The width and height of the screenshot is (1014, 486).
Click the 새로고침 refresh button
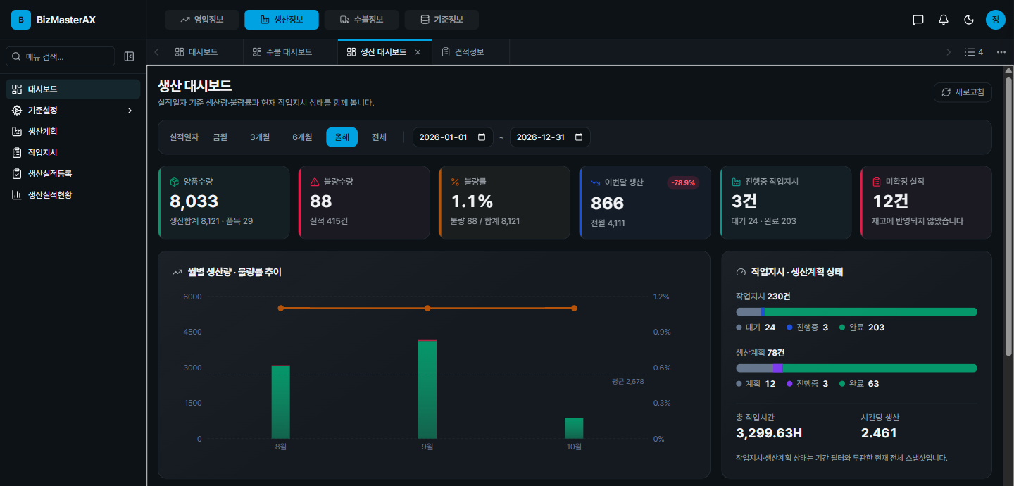pos(963,92)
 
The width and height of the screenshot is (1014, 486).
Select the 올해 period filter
pos(342,137)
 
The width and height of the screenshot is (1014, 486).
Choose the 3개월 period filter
pos(260,137)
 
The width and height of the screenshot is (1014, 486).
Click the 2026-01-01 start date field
pos(452,137)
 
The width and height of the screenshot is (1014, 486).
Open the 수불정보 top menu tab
pos(362,20)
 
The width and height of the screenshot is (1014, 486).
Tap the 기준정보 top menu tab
pos(442,20)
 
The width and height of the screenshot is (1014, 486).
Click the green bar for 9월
pos(427,390)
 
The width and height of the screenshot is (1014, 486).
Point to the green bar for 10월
pos(574,428)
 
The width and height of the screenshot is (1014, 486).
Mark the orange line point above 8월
pos(281,308)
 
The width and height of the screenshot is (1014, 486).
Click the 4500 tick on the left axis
pos(192,332)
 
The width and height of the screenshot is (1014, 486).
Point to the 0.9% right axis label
pos(662,332)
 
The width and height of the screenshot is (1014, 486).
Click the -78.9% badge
pos(683,182)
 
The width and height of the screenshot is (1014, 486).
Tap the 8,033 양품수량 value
pos(194,201)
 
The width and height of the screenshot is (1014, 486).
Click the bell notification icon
pos(944,20)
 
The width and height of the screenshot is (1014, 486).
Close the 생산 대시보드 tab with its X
pos(418,52)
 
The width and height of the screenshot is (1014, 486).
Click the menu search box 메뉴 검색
pos(61,56)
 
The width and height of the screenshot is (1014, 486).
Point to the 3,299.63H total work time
pos(769,433)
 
